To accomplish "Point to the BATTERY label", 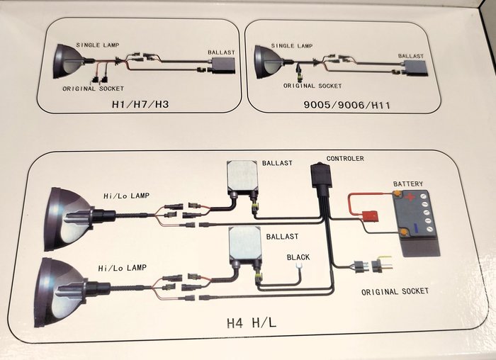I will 407,184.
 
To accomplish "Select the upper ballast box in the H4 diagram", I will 241,176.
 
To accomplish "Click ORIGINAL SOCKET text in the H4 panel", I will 395,291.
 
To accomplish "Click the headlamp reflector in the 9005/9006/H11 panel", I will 266,61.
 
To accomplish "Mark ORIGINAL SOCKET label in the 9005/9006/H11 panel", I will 312,85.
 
